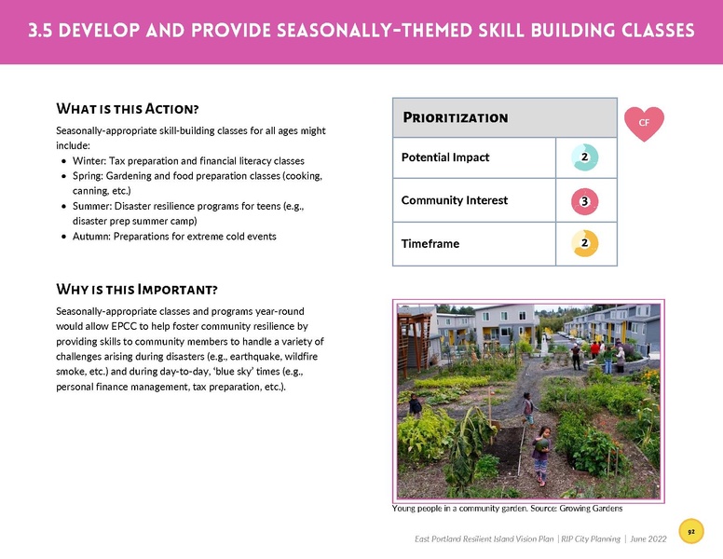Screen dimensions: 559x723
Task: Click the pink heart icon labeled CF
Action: pos(643,123)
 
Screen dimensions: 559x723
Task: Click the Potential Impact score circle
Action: pos(583,157)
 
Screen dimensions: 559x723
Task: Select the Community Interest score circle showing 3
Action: pos(583,201)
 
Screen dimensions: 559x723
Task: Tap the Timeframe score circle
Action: pos(583,244)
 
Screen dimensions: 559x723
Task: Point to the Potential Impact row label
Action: pos(444,157)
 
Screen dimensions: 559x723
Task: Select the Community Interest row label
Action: pos(449,201)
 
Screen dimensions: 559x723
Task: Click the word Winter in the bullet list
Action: pos(89,160)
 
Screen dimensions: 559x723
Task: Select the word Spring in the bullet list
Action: pos(89,175)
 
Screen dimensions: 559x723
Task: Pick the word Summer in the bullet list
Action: pos(92,206)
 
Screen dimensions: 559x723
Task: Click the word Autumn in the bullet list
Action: pos(91,237)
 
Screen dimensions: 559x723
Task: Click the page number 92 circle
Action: pos(691,530)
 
